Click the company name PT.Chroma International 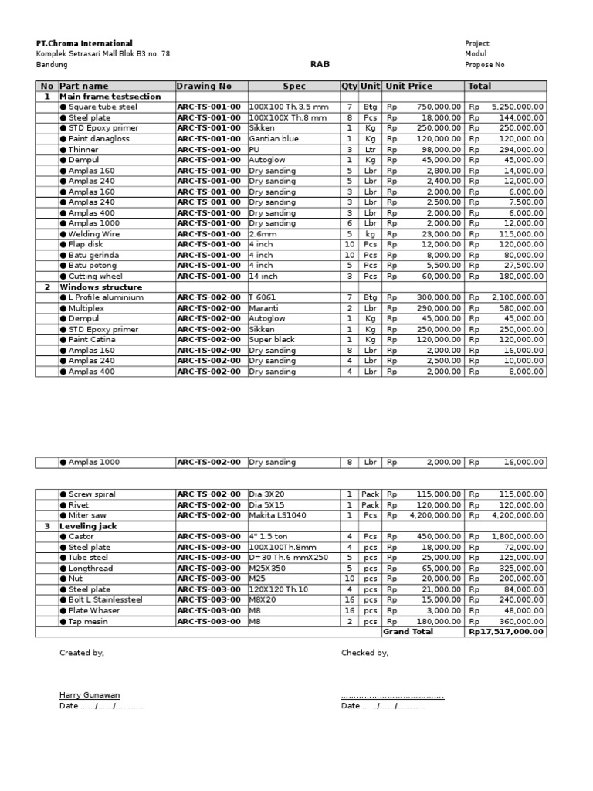pos(84,43)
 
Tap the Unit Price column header pos(409,86)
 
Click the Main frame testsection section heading pos(110,97)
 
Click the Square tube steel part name pos(102,107)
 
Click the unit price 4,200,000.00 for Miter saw pos(435,515)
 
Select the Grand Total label pos(408,632)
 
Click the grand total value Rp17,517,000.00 pos(506,632)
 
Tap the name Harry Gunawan pos(90,695)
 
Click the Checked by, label pos(364,653)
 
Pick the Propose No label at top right pos(484,65)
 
